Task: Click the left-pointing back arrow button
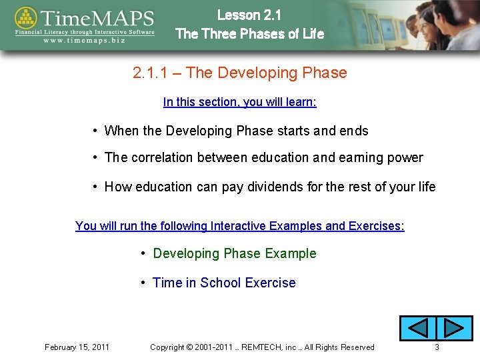coord(417,329)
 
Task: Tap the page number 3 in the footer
coord(437,347)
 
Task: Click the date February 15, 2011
coord(77,347)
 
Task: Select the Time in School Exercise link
coord(224,283)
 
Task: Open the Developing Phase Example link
coord(235,253)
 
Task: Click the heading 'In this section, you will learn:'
coord(240,102)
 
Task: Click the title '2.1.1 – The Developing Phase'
coord(240,73)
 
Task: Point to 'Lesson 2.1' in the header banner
coord(249,15)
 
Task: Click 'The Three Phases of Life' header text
coord(249,33)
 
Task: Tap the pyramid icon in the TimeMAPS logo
coord(27,20)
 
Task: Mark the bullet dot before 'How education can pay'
coord(97,187)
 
